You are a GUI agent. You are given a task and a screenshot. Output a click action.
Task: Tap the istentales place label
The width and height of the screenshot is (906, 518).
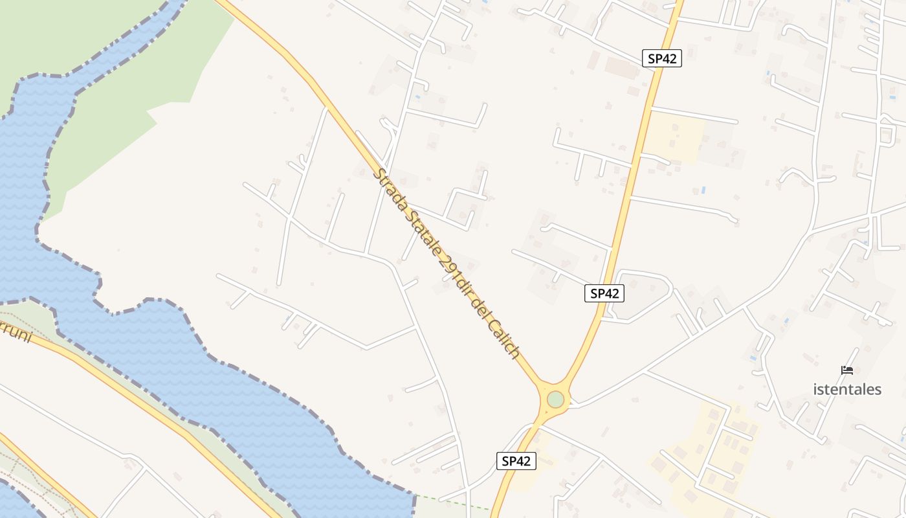click(847, 389)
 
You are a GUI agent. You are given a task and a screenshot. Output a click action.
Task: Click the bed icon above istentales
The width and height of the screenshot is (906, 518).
click(847, 370)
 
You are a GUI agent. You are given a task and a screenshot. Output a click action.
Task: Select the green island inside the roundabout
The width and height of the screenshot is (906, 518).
click(555, 400)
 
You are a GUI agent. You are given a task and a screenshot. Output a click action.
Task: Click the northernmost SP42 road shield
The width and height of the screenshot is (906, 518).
click(662, 58)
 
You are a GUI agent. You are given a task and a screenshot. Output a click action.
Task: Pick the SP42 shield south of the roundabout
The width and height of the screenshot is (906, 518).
click(516, 461)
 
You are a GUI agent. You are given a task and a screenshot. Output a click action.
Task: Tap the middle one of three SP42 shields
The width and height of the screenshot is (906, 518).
click(604, 293)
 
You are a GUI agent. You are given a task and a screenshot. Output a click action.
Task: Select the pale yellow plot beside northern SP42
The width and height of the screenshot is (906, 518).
click(673, 136)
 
